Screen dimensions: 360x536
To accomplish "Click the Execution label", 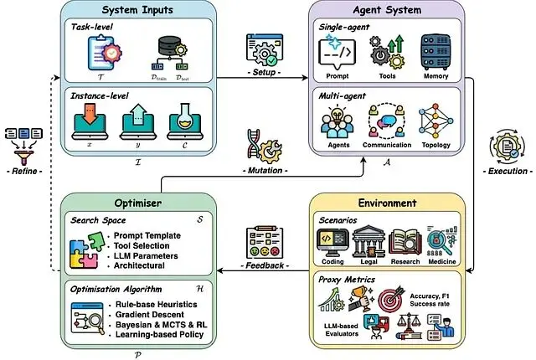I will [x=507, y=171].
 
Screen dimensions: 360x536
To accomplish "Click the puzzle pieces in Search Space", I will [x=87, y=249].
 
